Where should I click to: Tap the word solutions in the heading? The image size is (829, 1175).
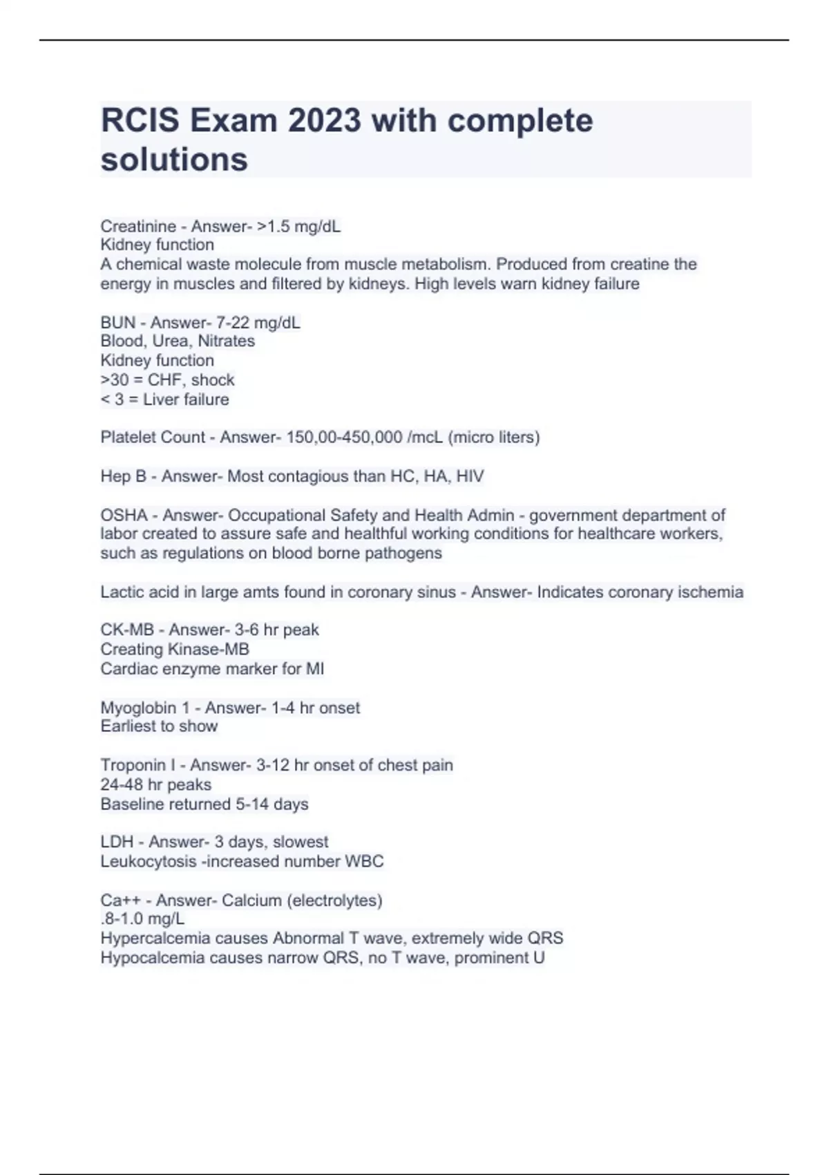tap(174, 159)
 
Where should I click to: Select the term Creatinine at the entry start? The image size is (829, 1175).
tap(138, 226)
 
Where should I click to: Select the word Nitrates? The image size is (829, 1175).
tap(226, 341)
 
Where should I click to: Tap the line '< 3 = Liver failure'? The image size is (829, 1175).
tap(164, 399)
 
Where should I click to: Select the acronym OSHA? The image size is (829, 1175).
tap(124, 515)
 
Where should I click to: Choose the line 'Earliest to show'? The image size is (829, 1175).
tap(159, 726)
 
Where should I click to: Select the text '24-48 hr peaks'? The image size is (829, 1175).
tap(156, 784)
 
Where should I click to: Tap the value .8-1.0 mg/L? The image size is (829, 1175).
tap(142, 919)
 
